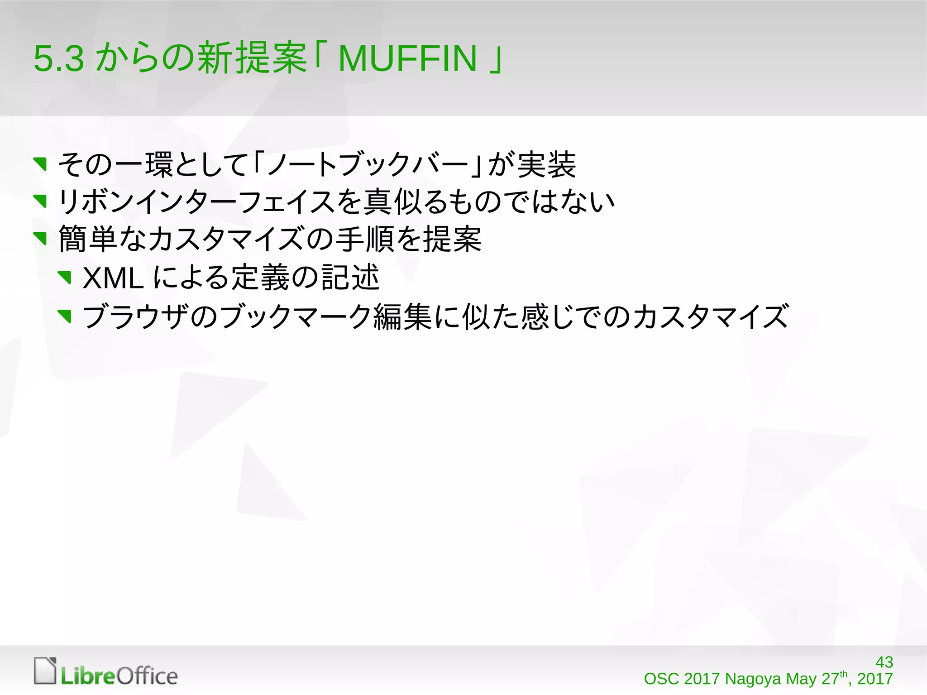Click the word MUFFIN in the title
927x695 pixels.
coord(407,59)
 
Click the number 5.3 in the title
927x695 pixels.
coord(59,59)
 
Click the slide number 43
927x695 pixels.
coord(884,662)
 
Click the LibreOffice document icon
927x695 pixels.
coord(45,671)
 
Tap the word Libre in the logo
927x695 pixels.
coord(88,676)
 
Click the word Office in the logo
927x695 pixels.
coord(147,676)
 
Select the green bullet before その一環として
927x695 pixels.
coord(41,164)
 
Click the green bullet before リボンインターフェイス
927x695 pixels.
coord(41,201)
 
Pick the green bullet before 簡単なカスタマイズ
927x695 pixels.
coord(41,239)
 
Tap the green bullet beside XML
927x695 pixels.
coord(65,277)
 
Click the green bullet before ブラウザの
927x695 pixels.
coord(65,316)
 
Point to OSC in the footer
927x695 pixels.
coord(661,679)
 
